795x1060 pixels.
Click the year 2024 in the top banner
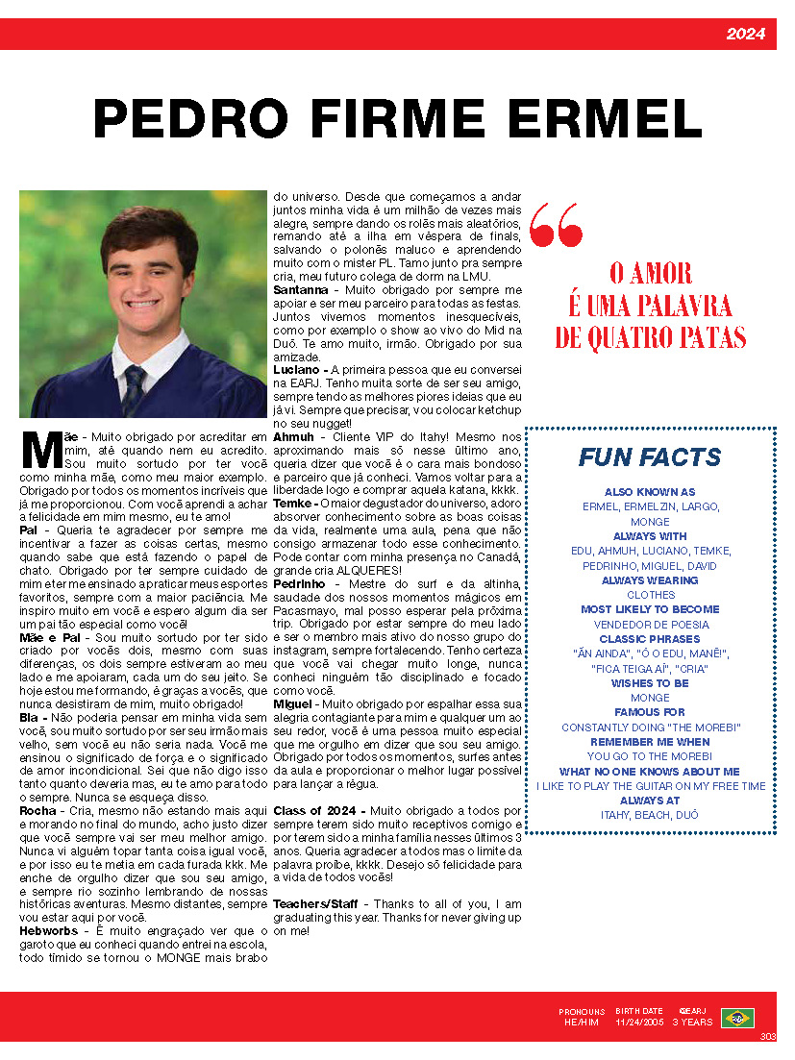click(x=745, y=35)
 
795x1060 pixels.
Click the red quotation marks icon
click(x=557, y=225)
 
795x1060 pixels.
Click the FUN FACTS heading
click(x=650, y=457)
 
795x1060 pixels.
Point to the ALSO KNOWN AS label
click(x=650, y=492)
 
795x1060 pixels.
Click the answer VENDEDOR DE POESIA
click(x=650, y=624)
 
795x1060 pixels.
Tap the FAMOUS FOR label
click(x=650, y=712)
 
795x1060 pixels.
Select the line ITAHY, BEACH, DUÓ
click(x=650, y=815)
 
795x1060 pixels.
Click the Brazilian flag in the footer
click(x=737, y=1017)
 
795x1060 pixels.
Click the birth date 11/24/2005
click(x=639, y=1023)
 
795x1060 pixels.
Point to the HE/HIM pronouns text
click(x=583, y=1023)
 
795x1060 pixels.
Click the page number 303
click(x=766, y=1036)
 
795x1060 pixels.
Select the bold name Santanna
click(x=301, y=289)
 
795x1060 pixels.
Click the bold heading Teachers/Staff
click(x=318, y=904)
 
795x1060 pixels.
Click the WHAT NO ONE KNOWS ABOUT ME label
click(x=650, y=772)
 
